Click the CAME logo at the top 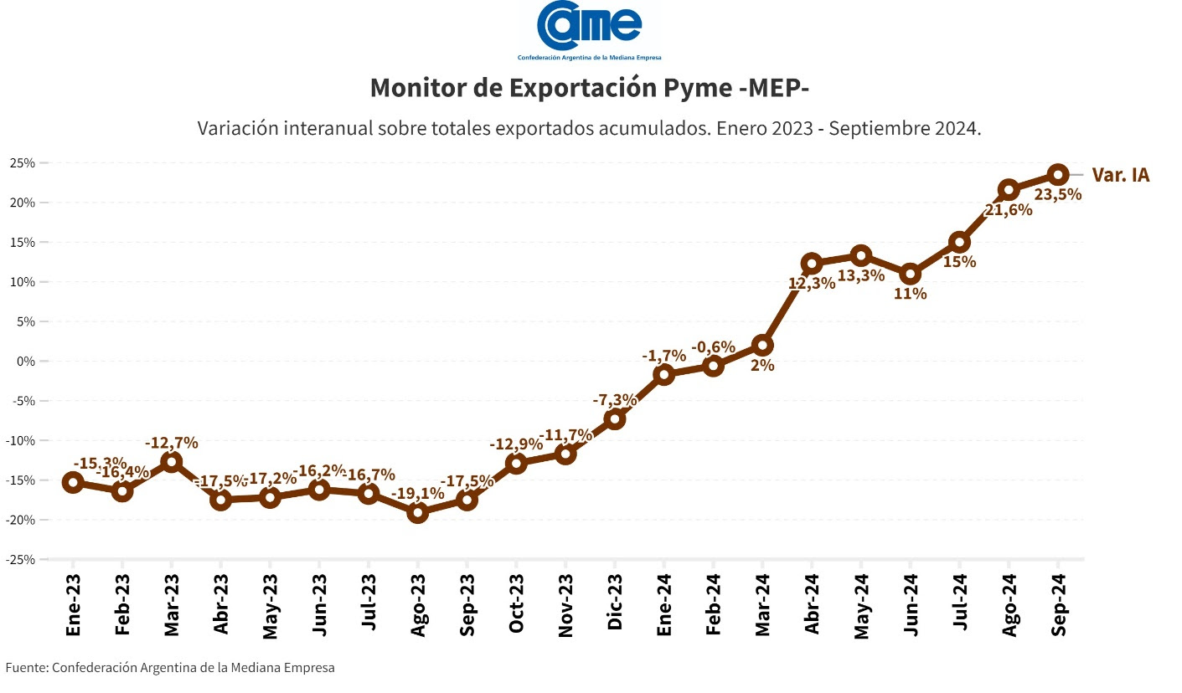[589, 30]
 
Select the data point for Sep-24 [1057, 174]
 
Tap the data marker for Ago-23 [418, 512]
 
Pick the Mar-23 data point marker [172, 461]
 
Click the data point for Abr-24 [811, 264]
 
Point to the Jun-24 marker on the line [910, 274]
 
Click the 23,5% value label [1058, 194]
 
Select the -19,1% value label [417, 494]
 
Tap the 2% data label [762, 365]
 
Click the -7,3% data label [615, 400]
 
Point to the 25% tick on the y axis [23, 163]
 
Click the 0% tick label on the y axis [26, 362]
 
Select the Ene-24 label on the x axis [664, 604]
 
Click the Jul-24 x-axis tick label [959, 604]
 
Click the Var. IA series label [1120, 175]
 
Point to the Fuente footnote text [170, 668]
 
